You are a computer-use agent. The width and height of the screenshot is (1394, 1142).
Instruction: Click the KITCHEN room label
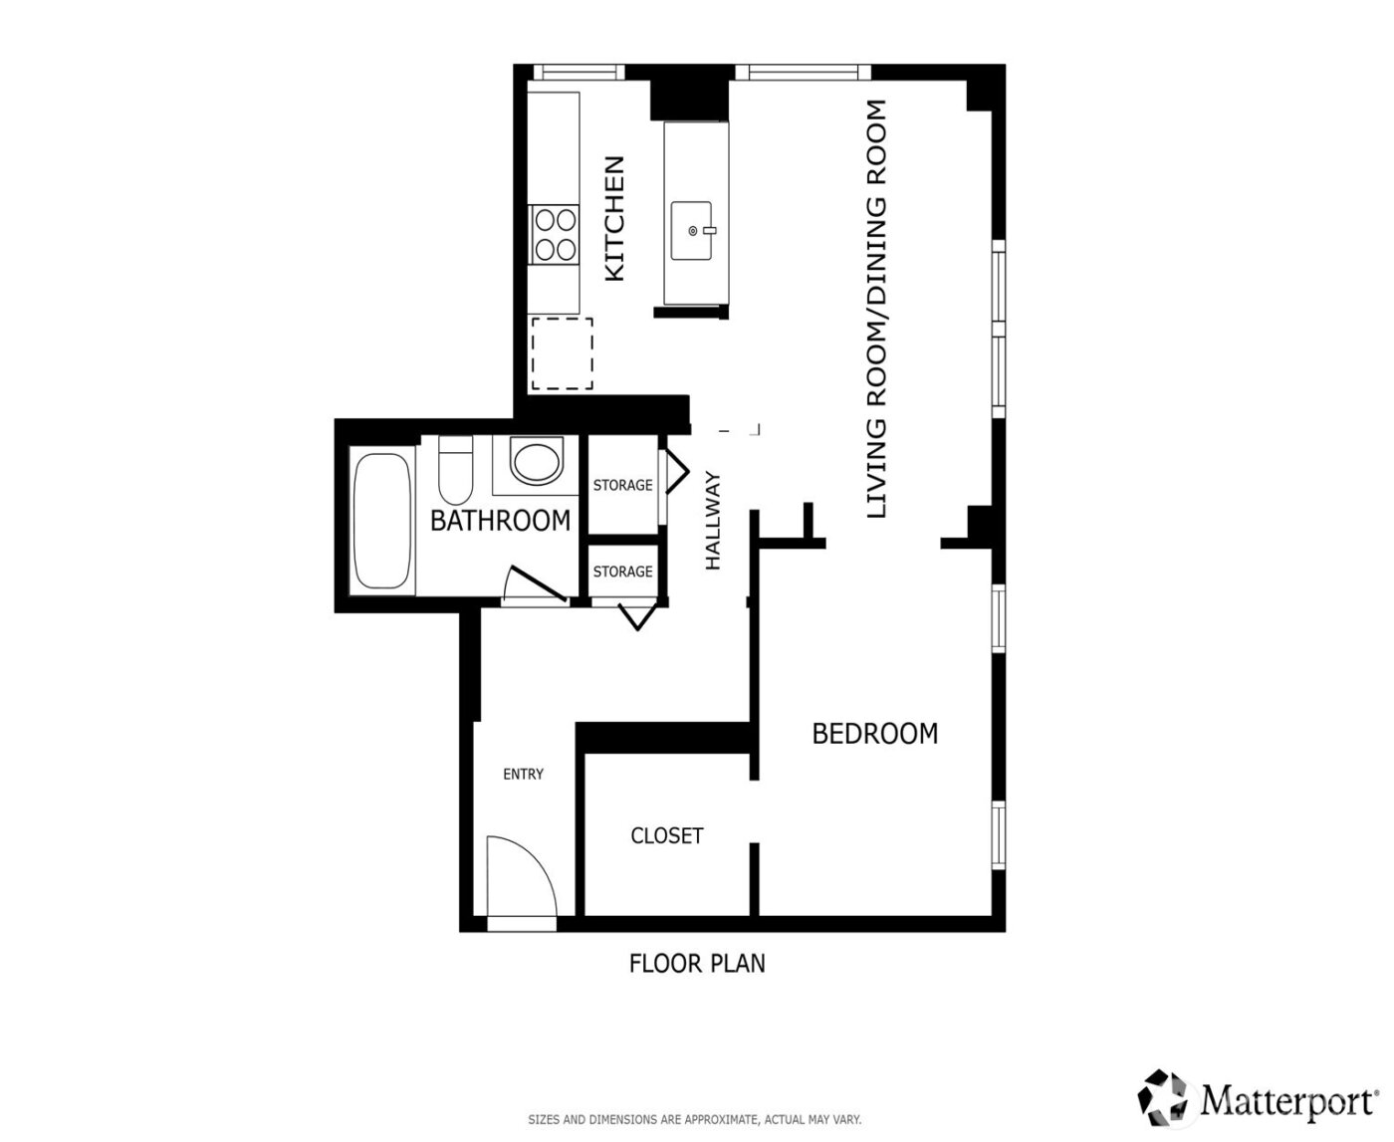[615, 218]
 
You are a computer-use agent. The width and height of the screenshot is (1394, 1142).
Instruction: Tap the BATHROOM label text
[500, 520]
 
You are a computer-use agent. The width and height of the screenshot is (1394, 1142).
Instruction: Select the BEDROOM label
[874, 734]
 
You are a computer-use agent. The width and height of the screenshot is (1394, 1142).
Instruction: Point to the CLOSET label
[666, 835]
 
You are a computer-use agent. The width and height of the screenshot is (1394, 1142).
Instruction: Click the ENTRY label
[523, 774]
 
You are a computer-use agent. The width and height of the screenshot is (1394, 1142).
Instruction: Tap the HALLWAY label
[712, 521]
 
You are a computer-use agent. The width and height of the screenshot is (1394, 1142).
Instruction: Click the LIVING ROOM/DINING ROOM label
[876, 309]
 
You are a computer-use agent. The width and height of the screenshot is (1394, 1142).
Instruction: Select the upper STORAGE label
[622, 485]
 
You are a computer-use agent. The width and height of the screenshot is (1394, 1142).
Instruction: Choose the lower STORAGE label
[622, 571]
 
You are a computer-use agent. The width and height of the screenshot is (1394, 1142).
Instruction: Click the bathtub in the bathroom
[382, 521]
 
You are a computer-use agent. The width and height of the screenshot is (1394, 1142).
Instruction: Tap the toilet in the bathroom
[456, 469]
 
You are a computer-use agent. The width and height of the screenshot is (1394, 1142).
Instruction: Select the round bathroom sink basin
[536, 461]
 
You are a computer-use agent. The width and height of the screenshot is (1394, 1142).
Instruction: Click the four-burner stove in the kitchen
[554, 233]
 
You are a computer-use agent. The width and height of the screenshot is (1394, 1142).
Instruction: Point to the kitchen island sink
[692, 230]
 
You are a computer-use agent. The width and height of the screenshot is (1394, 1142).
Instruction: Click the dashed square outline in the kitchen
[562, 353]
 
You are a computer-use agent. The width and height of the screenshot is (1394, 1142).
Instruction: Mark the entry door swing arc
[522, 875]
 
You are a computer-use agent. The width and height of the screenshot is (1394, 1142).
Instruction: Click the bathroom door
[535, 586]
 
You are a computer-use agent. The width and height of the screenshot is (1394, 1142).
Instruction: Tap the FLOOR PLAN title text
[697, 963]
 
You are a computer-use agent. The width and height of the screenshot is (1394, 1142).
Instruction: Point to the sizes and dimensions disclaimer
[694, 1120]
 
